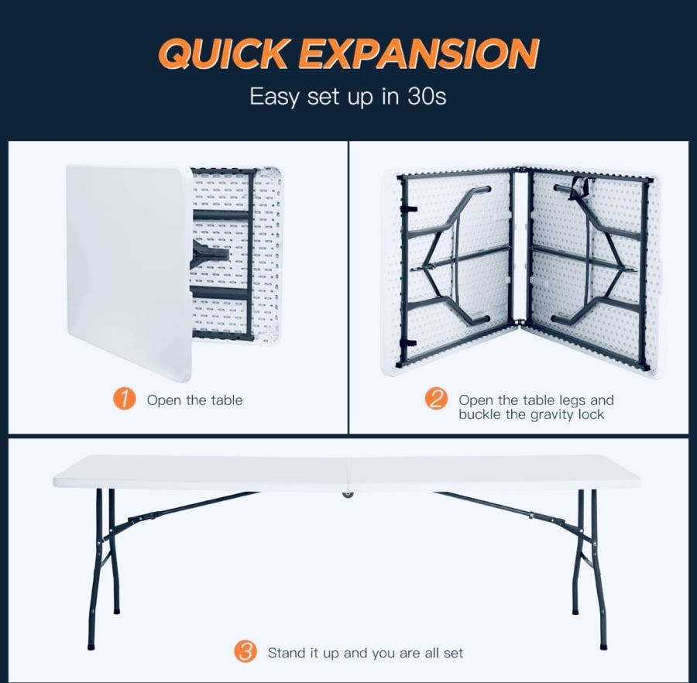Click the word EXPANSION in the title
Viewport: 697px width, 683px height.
coord(419,53)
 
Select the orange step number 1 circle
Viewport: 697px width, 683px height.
coord(124,399)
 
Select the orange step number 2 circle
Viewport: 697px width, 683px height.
coord(436,399)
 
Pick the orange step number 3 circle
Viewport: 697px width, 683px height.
coord(245,652)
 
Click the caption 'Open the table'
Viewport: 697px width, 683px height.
coord(194,400)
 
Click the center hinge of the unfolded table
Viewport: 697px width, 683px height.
coord(520,245)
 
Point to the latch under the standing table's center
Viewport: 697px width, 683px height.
coord(348,494)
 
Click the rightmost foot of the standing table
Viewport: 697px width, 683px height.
coord(603,647)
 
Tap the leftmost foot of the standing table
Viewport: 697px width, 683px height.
coord(91,647)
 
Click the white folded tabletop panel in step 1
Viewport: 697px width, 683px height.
coord(129,271)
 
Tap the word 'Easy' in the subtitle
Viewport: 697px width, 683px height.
coord(274,97)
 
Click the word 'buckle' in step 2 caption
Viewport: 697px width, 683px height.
coord(479,414)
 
